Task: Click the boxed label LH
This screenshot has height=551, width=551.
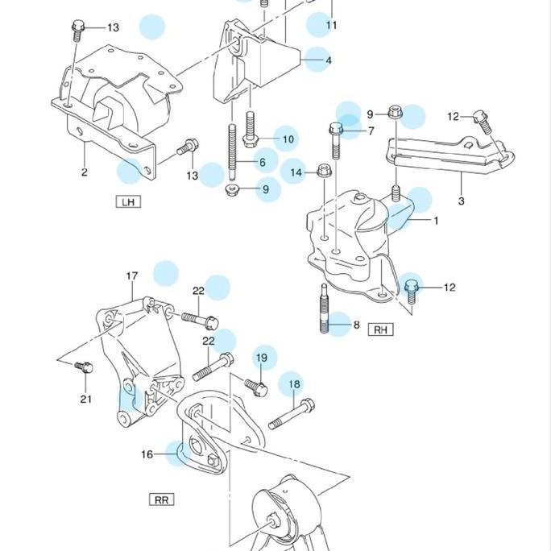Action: click(127, 201)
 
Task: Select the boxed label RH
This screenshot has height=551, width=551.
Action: click(380, 329)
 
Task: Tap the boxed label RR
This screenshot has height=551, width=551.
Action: click(162, 499)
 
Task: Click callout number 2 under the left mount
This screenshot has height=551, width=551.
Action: click(84, 172)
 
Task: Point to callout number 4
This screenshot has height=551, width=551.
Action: click(328, 60)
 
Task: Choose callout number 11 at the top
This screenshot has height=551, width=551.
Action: click(331, 26)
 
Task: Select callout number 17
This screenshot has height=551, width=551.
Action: click(132, 276)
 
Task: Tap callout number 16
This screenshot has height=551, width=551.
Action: click(147, 454)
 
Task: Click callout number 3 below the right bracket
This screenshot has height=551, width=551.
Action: click(461, 201)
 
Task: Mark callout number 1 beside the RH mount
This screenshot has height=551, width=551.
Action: click(436, 220)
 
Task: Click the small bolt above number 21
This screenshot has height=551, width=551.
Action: click(84, 367)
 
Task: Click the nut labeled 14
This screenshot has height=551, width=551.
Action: click(324, 171)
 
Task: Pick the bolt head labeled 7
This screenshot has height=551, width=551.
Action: click(336, 130)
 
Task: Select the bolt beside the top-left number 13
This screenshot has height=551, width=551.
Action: click(78, 31)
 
